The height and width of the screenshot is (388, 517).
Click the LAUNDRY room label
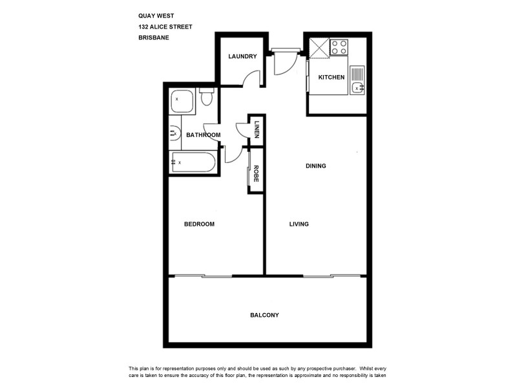[242, 56]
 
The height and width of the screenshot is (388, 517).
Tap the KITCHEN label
[332, 78]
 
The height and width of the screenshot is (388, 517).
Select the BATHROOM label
[204, 135]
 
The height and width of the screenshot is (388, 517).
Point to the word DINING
[316, 166]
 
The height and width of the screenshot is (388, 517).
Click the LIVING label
[299, 224]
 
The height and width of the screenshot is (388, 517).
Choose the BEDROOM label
[199, 224]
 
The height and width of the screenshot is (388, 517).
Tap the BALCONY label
[264, 316]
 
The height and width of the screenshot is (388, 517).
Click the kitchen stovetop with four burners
[340, 47]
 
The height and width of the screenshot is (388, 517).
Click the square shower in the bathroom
[182, 101]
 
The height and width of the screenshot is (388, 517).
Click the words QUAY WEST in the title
[155, 16]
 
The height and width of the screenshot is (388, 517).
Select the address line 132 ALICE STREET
[165, 27]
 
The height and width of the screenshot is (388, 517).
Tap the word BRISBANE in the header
[154, 38]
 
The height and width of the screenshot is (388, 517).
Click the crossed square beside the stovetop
[319, 47]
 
